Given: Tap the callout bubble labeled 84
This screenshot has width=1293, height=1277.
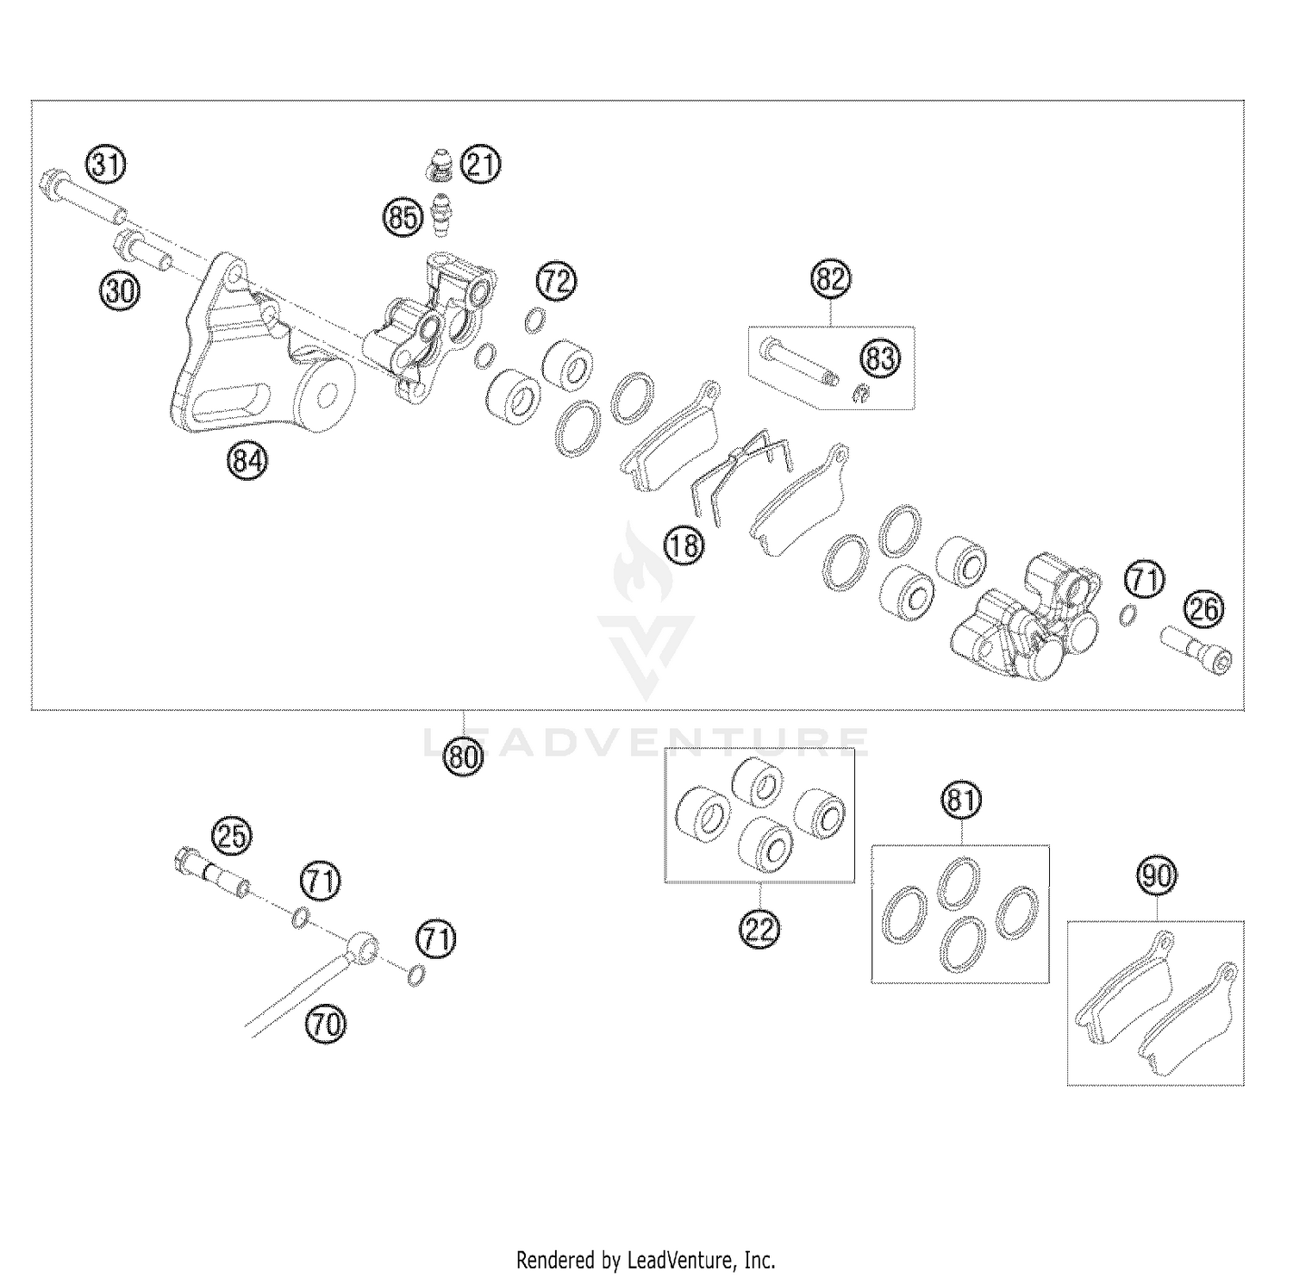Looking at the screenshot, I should click(247, 461).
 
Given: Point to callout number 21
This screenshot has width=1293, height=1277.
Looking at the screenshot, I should click(481, 165).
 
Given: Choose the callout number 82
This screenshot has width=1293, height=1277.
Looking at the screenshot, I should click(831, 280).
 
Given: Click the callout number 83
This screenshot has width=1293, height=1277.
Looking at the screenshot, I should click(880, 358).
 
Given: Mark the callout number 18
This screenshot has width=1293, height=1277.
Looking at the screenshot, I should click(684, 545).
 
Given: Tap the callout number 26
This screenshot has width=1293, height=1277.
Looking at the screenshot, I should click(1203, 610).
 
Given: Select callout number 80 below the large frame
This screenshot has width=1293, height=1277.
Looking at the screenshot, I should click(464, 757).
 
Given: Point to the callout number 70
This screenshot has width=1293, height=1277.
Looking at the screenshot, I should click(325, 1025).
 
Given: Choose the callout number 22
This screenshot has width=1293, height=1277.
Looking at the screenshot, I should click(760, 929).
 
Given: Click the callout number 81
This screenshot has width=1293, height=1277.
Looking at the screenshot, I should click(960, 802).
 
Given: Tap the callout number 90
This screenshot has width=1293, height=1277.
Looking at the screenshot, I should click(1156, 877).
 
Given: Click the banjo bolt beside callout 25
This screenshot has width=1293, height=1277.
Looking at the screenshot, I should click(212, 870).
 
